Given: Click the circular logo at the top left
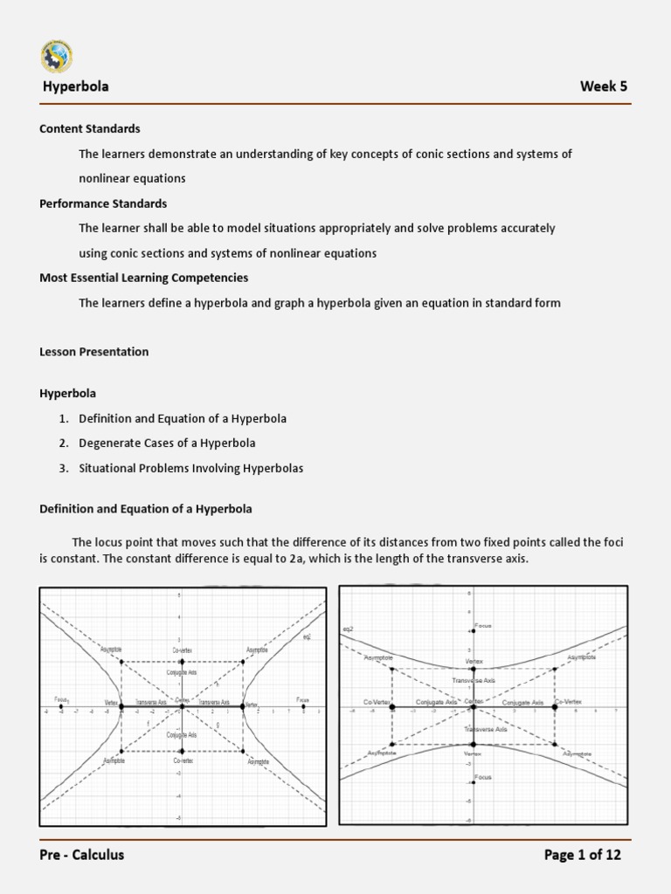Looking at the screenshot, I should (x=57, y=55).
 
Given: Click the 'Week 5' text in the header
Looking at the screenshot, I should (x=603, y=86).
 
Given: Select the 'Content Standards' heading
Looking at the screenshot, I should (x=90, y=128).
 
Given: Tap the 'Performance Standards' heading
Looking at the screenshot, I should (x=103, y=203).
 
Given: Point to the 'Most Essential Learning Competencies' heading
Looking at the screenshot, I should (x=144, y=278).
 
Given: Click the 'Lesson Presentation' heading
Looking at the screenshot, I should (x=94, y=352).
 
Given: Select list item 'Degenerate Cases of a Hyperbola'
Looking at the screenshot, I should (x=167, y=443).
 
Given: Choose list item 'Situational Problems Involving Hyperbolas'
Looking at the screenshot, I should (x=190, y=468).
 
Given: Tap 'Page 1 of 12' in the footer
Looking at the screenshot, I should (x=582, y=855).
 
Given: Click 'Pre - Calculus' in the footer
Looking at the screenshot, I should (x=82, y=855).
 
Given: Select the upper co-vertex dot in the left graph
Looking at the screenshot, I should (x=182, y=663).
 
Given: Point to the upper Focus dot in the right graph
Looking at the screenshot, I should (x=473, y=630).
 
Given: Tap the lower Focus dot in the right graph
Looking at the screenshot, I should (x=473, y=781).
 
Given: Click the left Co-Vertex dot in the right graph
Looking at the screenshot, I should (x=391, y=706).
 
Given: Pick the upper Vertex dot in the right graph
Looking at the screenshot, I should (x=473, y=669).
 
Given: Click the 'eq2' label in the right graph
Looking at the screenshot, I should (x=348, y=629).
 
